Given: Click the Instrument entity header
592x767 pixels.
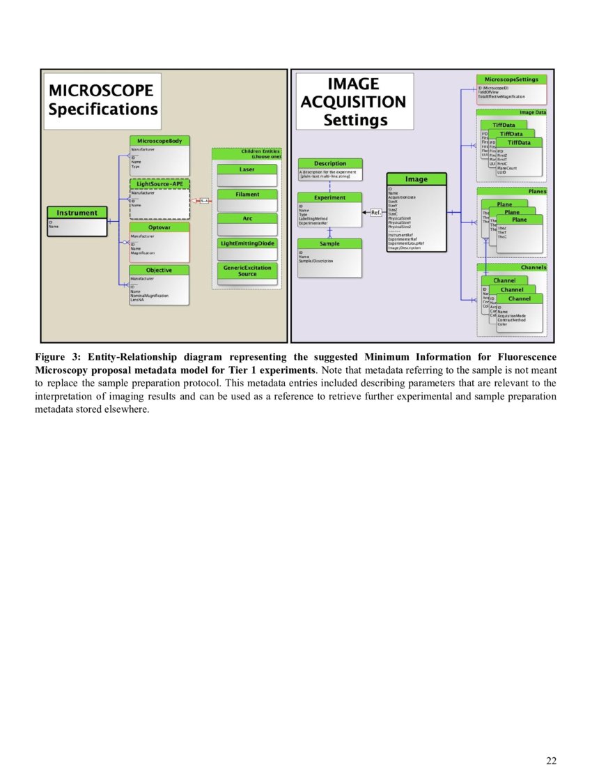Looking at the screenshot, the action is coord(77,213).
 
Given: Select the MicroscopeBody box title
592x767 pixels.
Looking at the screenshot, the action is coord(159,141).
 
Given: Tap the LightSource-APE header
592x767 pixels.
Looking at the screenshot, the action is coord(159,184).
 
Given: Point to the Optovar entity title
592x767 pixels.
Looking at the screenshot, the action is coord(159,227).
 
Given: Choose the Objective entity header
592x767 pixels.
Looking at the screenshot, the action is coord(159,270).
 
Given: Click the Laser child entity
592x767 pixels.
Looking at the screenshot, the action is coord(247,169).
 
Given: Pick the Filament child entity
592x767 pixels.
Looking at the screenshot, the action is coord(247,195).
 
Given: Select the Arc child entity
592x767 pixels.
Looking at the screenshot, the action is coord(247,219).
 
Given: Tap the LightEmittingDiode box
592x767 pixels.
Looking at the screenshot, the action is coord(247,243).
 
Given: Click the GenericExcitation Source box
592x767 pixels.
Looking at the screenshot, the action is coord(247,271).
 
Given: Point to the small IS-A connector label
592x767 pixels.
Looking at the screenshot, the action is coord(205,201).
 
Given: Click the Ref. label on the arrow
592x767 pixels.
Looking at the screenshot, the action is coord(375,212).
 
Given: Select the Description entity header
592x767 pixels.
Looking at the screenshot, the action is coord(330,164).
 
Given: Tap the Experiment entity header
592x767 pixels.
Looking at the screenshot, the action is coord(330,198).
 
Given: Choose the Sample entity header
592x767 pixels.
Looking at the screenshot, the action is coord(330,244).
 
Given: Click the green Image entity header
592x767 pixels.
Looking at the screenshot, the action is coord(416,179).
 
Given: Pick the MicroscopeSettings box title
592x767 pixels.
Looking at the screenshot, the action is coord(511,79).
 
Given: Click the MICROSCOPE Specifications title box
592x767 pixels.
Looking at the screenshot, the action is coord(103,100).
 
